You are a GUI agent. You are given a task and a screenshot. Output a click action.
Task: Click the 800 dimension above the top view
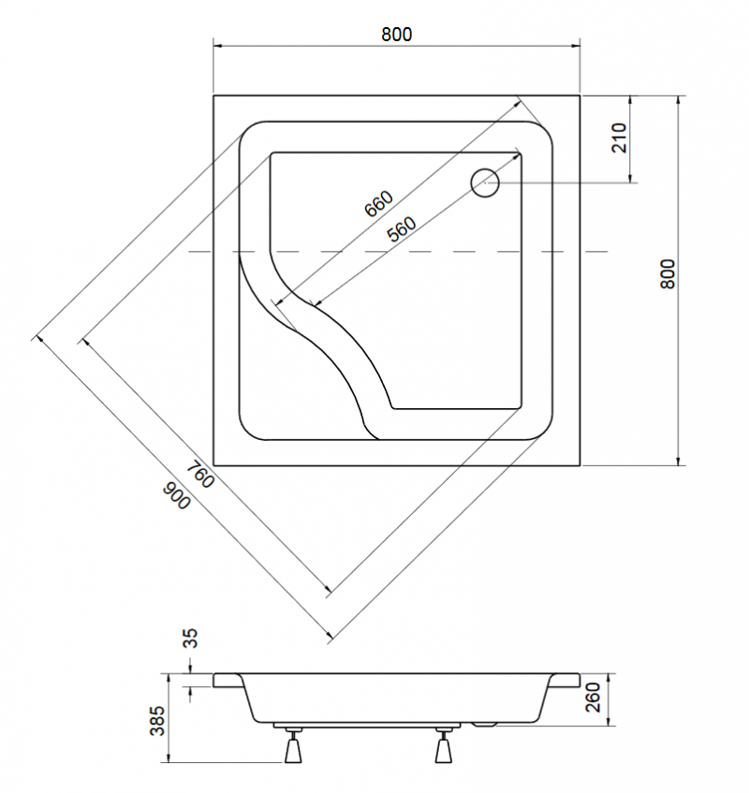click(396, 35)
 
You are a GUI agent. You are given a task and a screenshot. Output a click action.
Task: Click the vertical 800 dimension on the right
click(668, 273)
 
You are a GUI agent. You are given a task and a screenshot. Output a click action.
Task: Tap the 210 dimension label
click(619, 138)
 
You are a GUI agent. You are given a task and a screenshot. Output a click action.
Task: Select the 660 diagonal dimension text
click(379, 203)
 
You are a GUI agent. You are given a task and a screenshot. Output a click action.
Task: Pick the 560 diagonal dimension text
click(402, 229)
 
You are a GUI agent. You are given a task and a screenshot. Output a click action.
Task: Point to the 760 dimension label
click(200, 475)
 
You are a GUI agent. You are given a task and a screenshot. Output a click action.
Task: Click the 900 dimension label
click(177, 495)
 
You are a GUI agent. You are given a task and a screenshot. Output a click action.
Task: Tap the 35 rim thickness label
click(190, 639)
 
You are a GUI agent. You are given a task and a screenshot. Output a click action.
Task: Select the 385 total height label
click(157, 721)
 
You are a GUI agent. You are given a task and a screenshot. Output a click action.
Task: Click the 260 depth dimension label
click(593, 697)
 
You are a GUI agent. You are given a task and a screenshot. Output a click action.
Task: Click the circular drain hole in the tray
click(485, 183)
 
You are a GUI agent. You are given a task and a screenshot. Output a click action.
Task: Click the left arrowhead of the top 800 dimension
click(218, 46)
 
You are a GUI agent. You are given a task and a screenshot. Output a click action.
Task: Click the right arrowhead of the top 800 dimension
click(576, 46)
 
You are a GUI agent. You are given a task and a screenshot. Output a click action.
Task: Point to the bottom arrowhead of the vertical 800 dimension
click(678, 460)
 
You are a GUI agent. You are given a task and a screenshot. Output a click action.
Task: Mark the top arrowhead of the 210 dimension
click(630, 100)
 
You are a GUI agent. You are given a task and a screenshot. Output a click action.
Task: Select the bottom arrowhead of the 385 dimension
click(169, 757)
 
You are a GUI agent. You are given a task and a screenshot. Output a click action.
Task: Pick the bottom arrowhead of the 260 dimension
click(609, 721)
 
